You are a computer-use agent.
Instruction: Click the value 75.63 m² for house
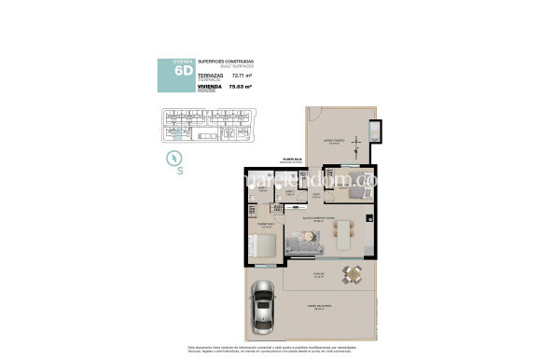point(243,89)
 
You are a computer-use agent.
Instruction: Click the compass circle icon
point(173,158)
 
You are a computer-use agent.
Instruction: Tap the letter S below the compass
point(180,171)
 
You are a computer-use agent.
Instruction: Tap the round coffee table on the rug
point(307,239)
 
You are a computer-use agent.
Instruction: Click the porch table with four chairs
point(353,274)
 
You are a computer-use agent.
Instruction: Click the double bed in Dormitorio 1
point(262,247)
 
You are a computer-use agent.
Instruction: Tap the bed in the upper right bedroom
point(352,193)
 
